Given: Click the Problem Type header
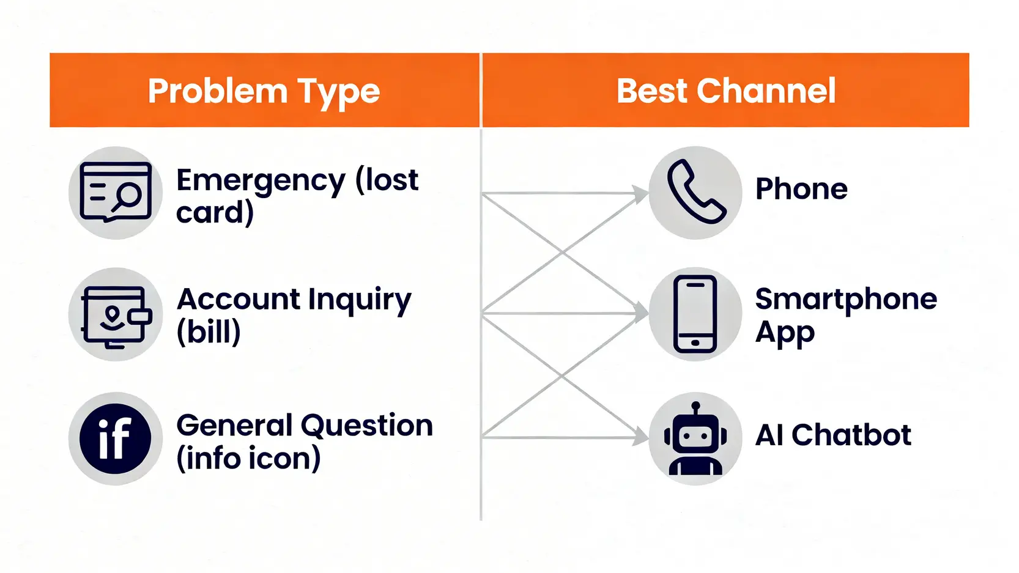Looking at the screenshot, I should (x=264, y=91).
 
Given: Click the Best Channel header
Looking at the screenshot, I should (x=725, y=91).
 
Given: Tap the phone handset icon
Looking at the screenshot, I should (x=695, y=192).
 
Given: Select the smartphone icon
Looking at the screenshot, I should (x=695, y=314).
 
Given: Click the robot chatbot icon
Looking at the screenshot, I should (x=695, y=439).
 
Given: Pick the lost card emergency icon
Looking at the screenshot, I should (x=116, y=192).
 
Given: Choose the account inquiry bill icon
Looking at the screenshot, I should (x=116, y=315).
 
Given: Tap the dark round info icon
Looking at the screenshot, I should (x=115, y=438).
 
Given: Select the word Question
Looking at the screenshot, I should (x=367, y=426).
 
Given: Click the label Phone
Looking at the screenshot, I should (x=801, y=189).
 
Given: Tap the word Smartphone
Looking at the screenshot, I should (x=845, y=300).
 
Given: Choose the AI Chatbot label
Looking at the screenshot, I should (x=833, y=435).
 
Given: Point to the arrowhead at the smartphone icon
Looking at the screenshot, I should (x=642, y=313).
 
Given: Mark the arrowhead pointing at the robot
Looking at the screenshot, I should (x=642, y=437).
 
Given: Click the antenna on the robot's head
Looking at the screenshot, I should (x=695, y=406).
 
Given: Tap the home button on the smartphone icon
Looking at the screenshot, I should (x=695, y=343).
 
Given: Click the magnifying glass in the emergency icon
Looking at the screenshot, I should (x=128, y=196).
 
